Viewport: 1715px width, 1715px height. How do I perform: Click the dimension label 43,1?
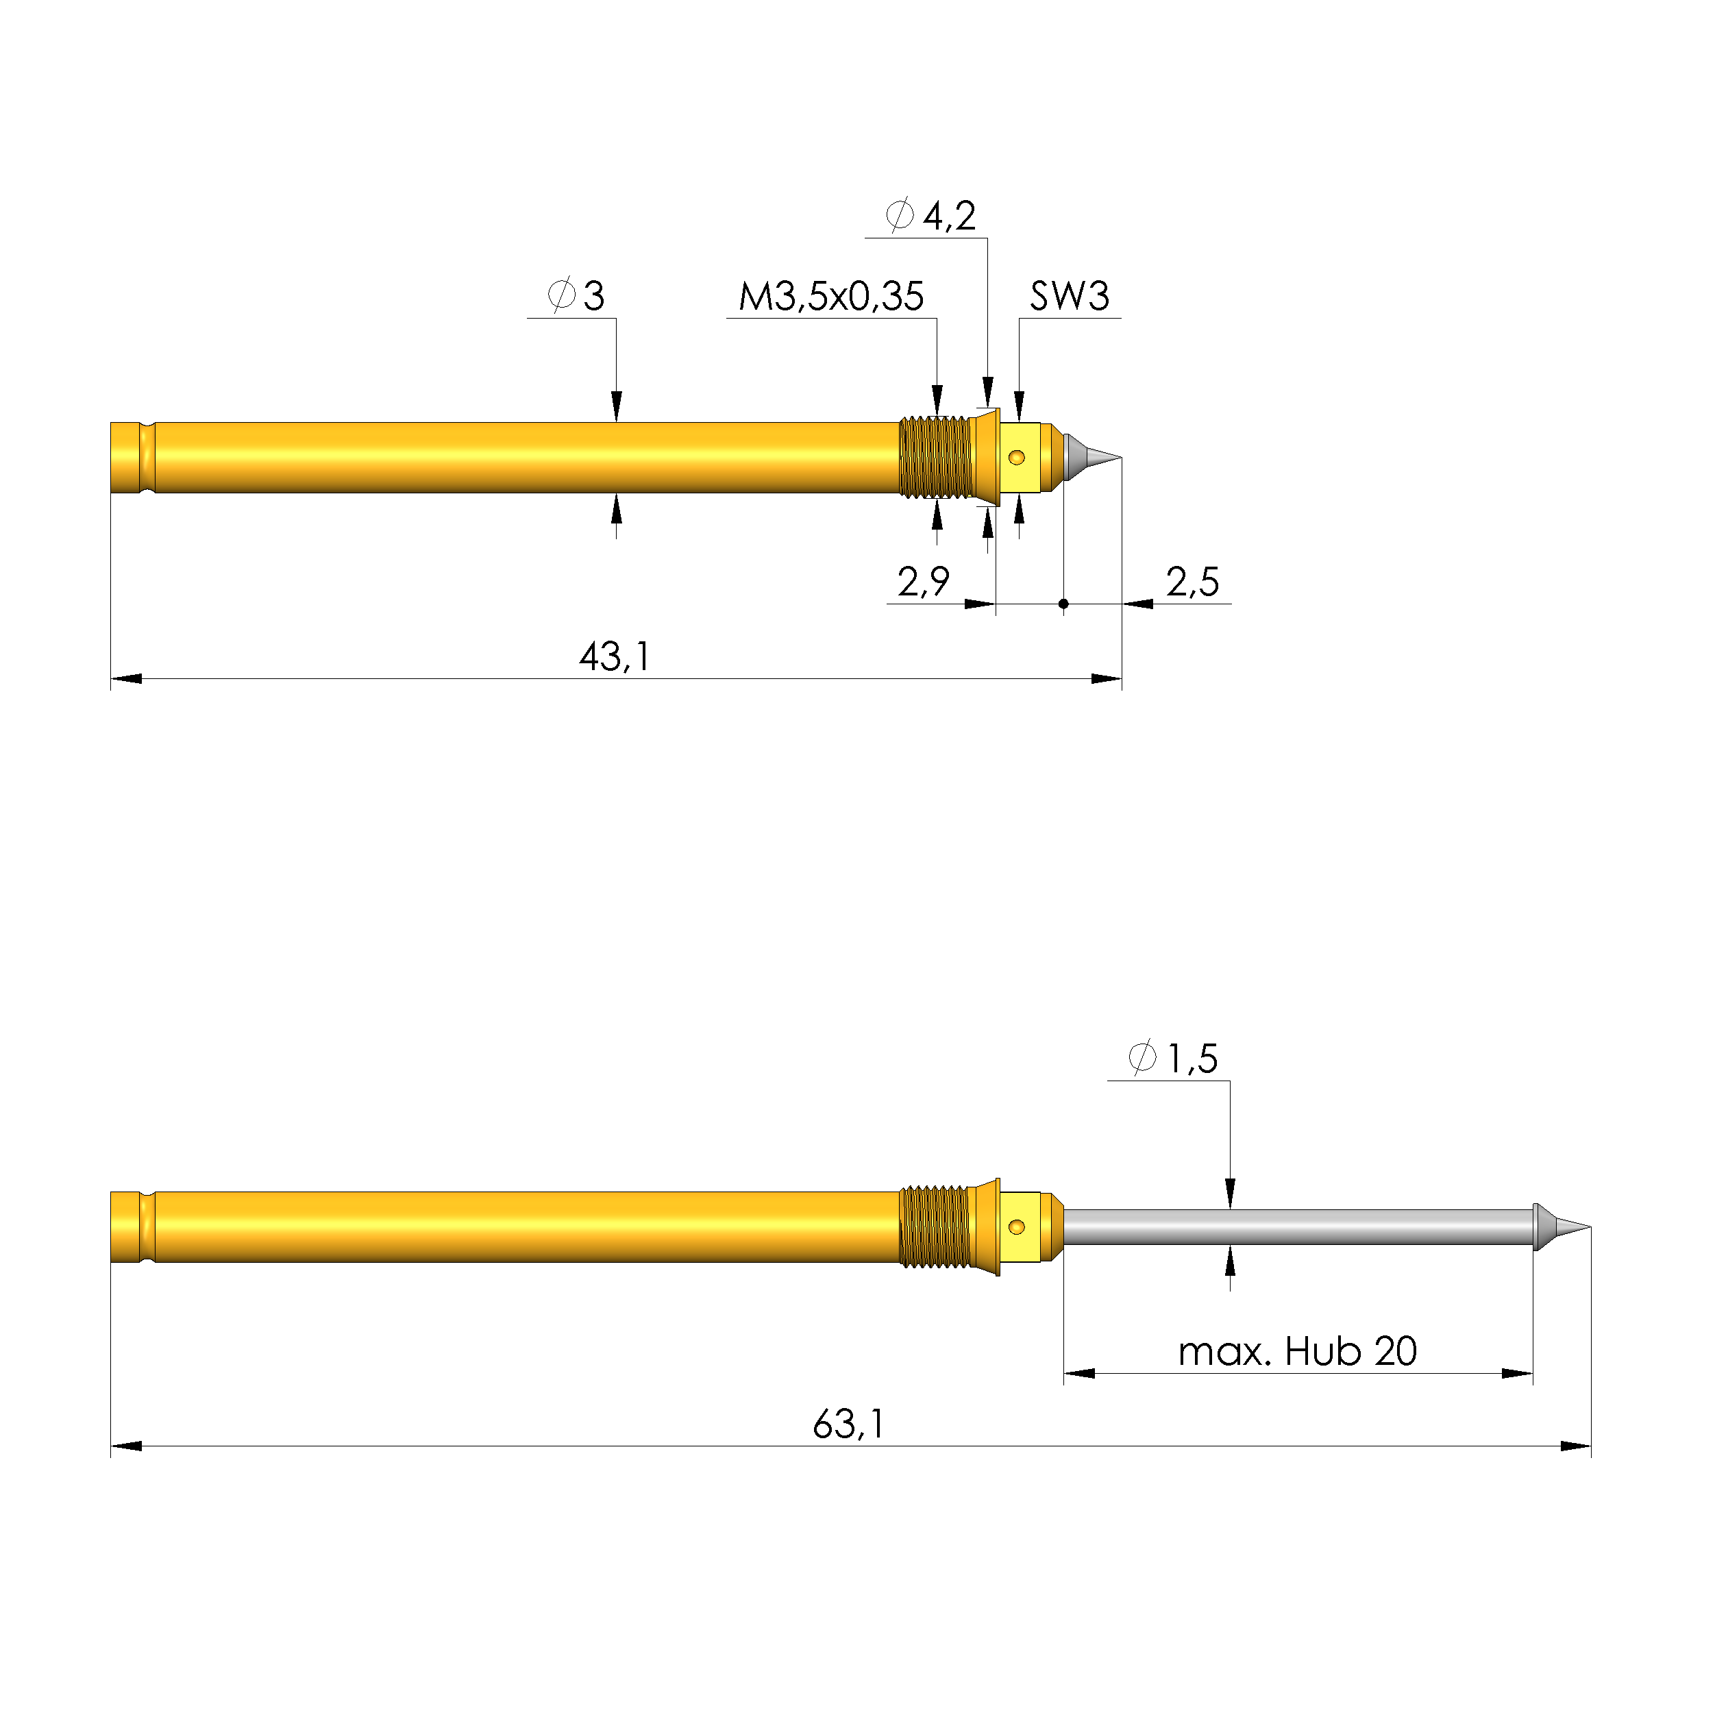pyautogui.click(x=615, y=658)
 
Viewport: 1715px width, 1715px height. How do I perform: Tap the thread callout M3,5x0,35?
pyautogui.click(x=831, y=297)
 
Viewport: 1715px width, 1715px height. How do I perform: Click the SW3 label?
pyautogui.click(x=1069, y=297)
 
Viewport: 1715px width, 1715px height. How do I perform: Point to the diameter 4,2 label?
pyautogui.click(x=932, y=216)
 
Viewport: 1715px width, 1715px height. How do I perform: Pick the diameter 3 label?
pyautogui.click(x=577, y=295)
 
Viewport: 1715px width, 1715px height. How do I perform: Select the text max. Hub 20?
pyautogui.click(x=1297, y=1351)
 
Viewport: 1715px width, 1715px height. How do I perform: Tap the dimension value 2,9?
pyautogui.click(x=923, y=582)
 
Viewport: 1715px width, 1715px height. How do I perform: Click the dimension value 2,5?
pyautogui.click(x=1192, y=582)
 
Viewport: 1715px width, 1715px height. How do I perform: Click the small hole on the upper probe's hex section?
pyautogui.click(x=1017, y=458)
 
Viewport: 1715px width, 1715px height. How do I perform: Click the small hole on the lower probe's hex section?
pyautogui.click(x=1017, y=1226)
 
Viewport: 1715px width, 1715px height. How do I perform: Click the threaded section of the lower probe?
pyautogui.click(x=935, y=1226)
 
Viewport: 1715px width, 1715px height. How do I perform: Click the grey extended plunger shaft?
pyautogui.click(x=1296, y=1226)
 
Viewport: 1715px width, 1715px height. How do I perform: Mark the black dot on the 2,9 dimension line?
pyautogui.click(x=1063, y=604)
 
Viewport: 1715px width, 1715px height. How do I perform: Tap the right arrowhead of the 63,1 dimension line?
pyautogui.click(x=1577, y=1447)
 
